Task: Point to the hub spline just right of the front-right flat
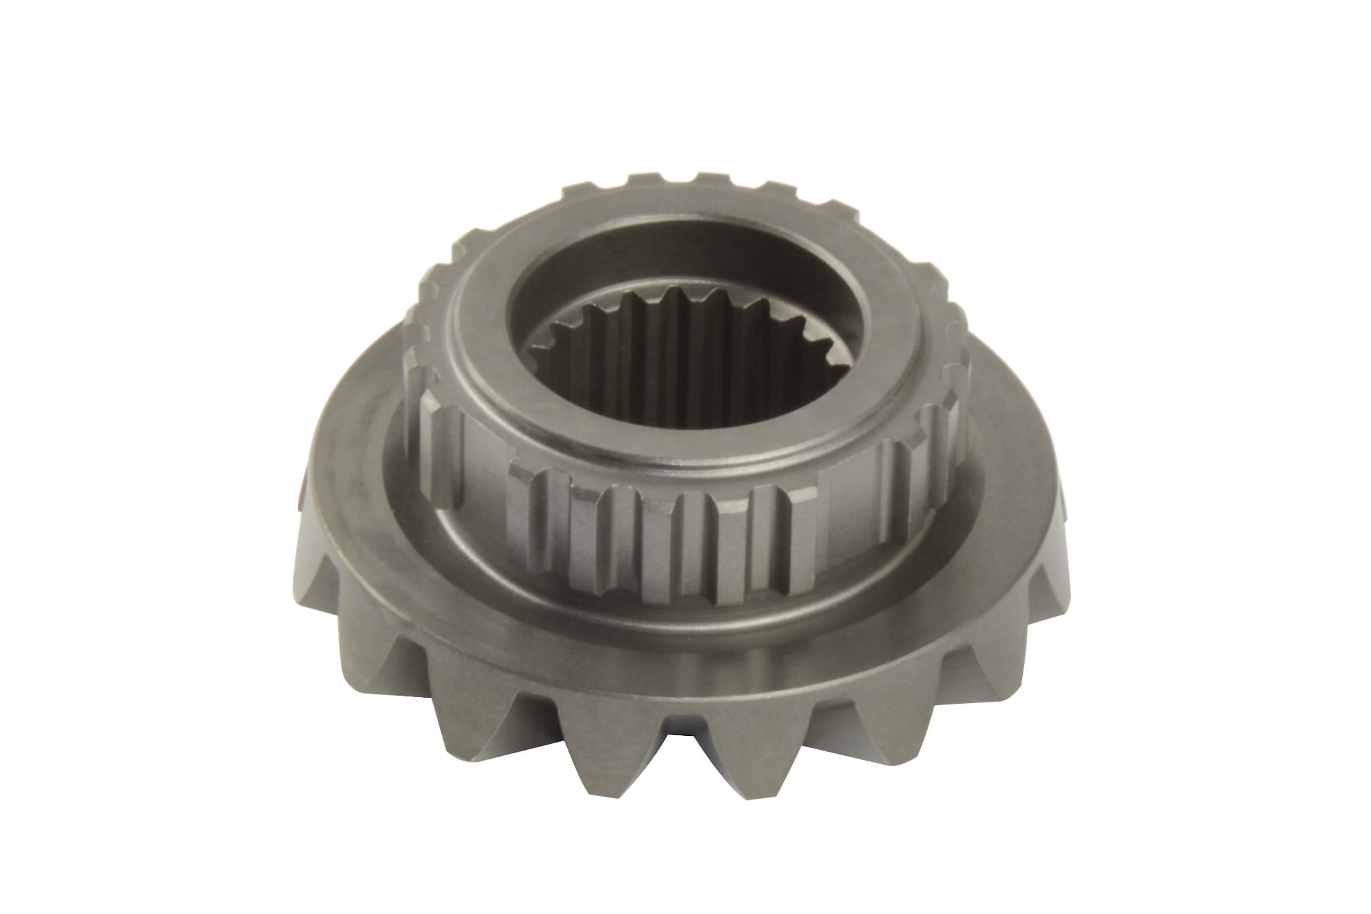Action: [904, 482]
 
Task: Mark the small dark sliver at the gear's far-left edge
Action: [300, 496]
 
